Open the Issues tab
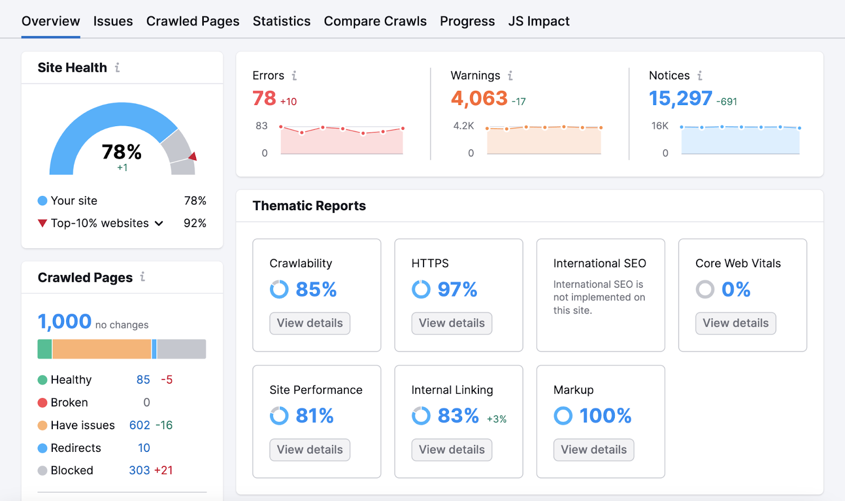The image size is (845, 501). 113,21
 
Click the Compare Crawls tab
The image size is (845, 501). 375,21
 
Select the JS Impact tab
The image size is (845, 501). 539,21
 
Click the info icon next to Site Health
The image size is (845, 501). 117,68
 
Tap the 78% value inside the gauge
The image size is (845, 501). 121,153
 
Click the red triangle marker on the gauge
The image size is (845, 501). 193,156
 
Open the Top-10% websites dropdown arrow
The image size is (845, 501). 159,223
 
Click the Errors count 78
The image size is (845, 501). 264,98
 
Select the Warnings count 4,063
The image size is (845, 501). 479,98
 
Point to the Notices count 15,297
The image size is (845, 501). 680,98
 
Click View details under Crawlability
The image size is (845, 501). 309,323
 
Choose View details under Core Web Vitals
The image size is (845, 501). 735,323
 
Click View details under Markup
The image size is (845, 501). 594,450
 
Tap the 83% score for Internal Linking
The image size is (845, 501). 458,416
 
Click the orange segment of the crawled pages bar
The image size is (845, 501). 101,349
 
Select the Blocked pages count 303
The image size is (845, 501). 139,470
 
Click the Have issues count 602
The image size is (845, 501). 139,425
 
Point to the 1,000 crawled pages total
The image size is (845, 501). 64,322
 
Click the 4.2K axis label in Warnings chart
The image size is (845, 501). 463,126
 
